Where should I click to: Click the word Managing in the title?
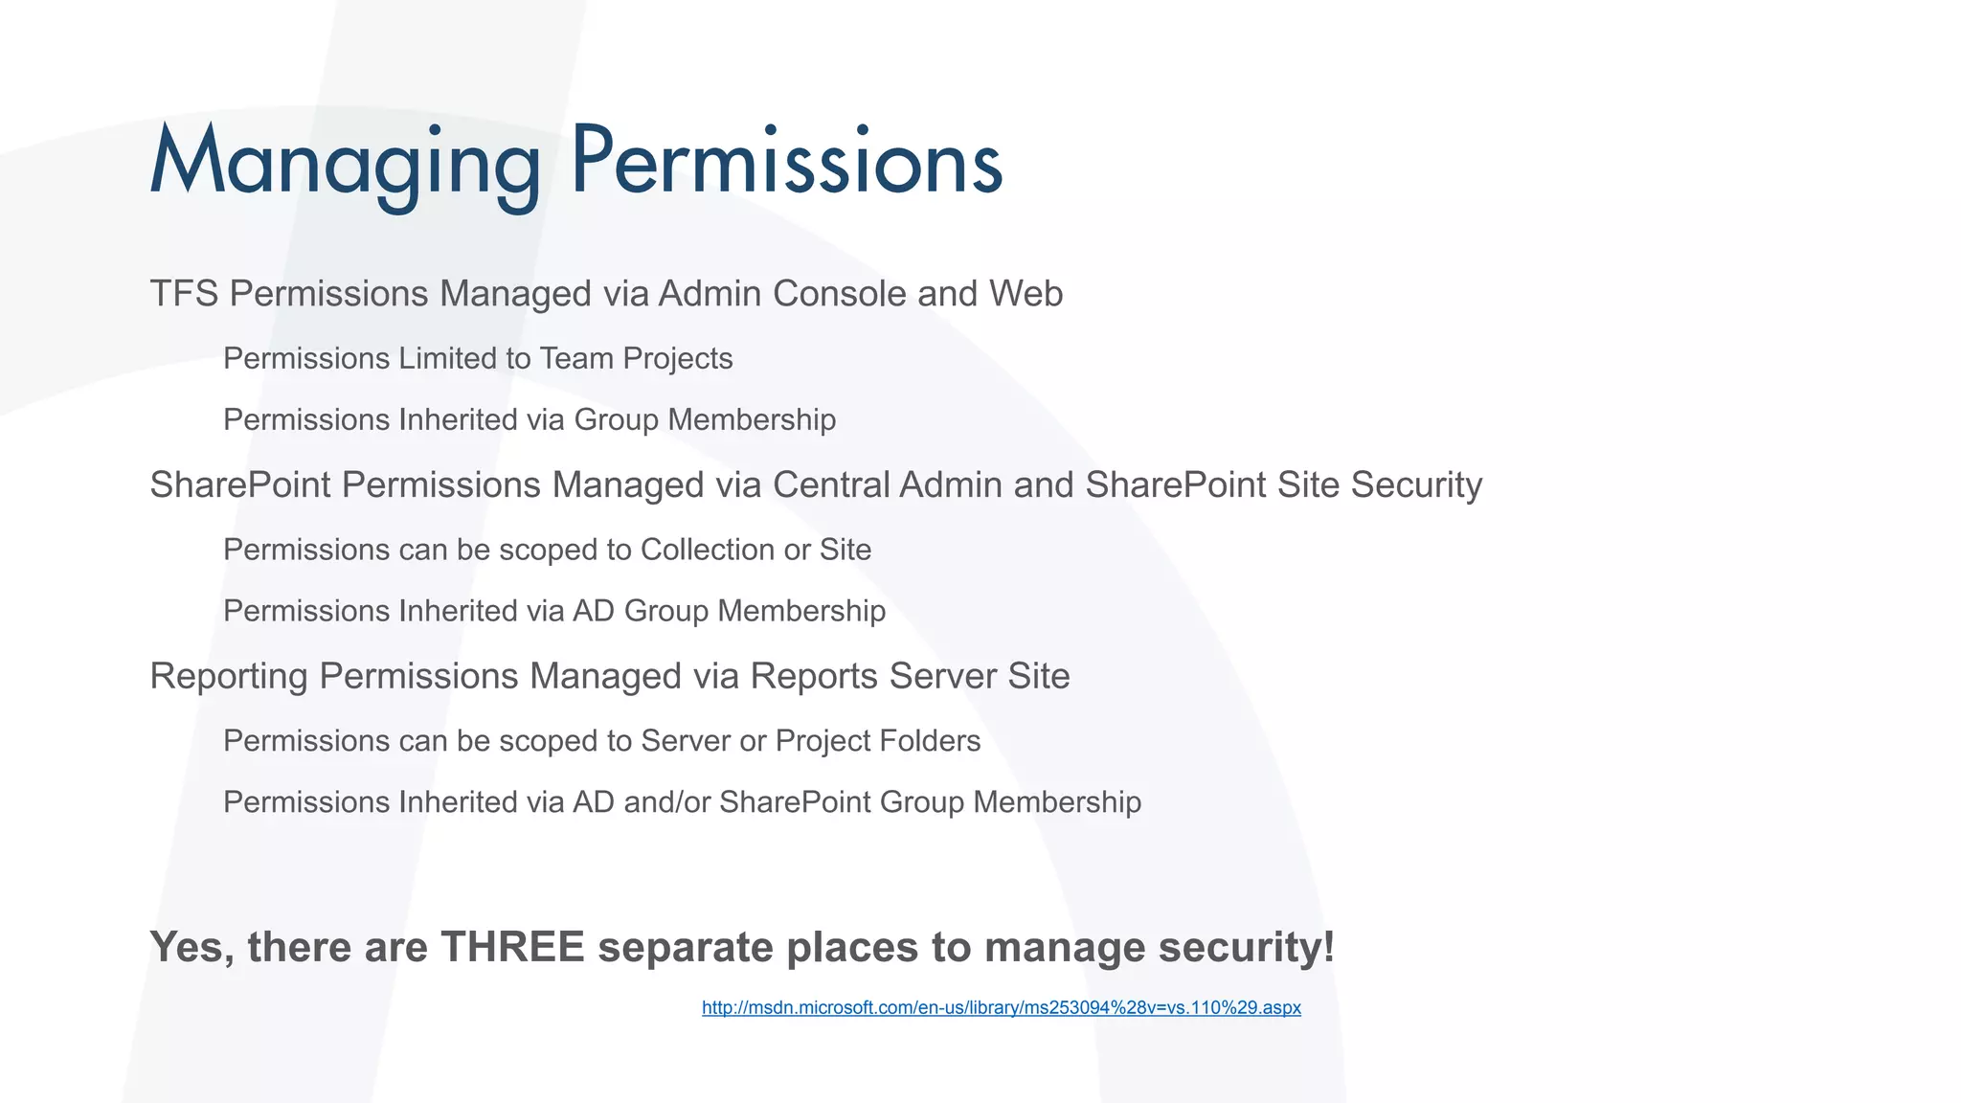tap(345, 163)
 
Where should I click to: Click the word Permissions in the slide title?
tap(786, 163)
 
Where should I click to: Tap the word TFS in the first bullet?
tap(184, 294)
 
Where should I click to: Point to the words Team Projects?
tap(636, 359)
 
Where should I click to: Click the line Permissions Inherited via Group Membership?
tap(529, 420)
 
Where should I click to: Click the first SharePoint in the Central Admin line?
tap(240, 485)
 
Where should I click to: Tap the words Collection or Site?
tap(755, 551)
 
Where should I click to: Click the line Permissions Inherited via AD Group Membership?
tap(553, 612)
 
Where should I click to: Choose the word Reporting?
tap(229, 677)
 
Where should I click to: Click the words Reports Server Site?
tap(910, 677)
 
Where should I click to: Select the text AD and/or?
tap(642, 802)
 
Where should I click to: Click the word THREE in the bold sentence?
tap(512, 948)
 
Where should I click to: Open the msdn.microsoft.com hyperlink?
tap(1001, 1008)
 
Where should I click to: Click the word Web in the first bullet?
tap(1026, 294)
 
